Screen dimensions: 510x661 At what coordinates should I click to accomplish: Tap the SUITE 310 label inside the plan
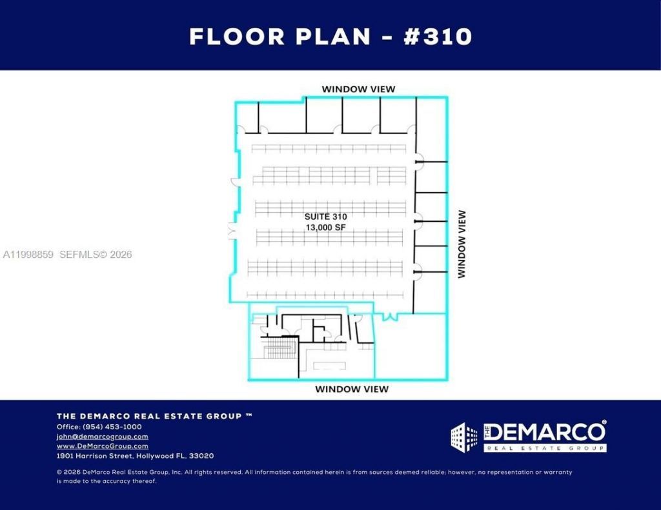(x=325, y=217)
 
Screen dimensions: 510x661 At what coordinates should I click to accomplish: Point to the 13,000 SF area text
(x=325, y=228)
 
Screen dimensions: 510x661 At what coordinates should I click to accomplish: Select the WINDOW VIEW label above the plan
(x=358, y=89)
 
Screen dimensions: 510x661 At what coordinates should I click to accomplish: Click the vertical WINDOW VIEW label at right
(x=462, y=244)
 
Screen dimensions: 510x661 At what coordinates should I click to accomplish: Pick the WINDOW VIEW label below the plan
(x=351, y=389)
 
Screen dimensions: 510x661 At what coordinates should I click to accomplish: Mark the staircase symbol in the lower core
(x=280, y=350)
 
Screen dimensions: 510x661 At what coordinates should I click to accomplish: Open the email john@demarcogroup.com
(x=102, y=436)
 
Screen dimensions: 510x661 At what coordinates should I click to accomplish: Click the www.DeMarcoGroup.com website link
(x=102, y=446)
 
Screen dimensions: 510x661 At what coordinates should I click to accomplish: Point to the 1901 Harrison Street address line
(x=135, y=456)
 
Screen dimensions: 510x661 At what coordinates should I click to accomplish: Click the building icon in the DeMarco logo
(x=464, y=436)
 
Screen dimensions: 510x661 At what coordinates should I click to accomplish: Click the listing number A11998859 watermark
(x=28, y=255)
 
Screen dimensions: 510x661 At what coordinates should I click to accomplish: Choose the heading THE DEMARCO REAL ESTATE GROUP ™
(x=154, y=417)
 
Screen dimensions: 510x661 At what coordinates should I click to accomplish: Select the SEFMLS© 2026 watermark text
(x=96, y=255)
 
